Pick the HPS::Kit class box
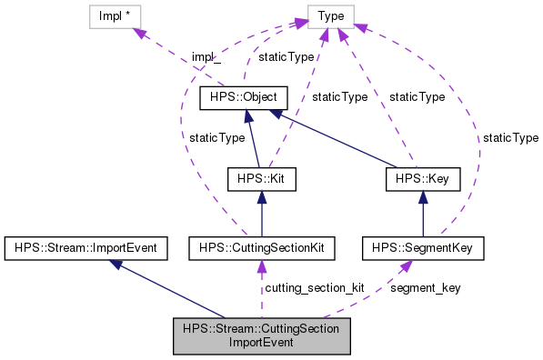tap(262, 179)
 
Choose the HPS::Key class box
tap(422, 179)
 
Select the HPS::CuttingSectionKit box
tap(262, 246)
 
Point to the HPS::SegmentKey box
tap(422, 246)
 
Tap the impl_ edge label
tap(205, 57)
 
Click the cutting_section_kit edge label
tap(314, 288)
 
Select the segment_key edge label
tap(425, 288)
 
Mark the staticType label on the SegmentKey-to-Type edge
tap(510, 137)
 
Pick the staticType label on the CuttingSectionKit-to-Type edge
tap(216, 137)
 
